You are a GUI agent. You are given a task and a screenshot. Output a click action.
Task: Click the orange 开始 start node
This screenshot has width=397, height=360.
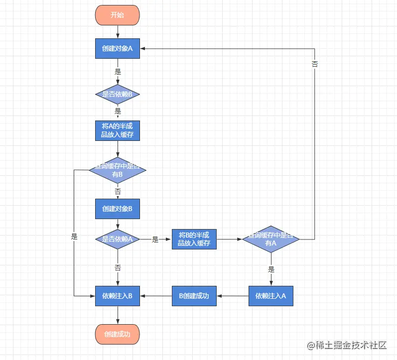pyautogui.click(x=118, y=15)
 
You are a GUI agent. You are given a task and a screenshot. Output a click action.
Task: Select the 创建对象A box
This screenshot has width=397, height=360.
pyautogui.click(x=118, y=48)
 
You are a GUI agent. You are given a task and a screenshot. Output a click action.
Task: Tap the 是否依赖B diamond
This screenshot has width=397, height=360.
pyautogui.click(x=118, y=94)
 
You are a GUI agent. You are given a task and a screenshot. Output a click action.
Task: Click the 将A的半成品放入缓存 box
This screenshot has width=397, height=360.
pyautogui.click(x=118, y=130)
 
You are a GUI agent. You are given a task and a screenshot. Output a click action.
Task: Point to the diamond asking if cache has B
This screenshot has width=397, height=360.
pyautogui.click(x=118, y=170)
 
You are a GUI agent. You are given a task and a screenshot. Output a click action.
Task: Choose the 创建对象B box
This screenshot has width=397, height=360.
pyautogui.click(x=118, y=209)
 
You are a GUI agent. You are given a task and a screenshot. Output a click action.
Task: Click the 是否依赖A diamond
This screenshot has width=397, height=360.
pyautogui.click(x=118, y=239)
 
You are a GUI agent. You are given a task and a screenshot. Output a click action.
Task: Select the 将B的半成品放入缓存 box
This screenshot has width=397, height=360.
pyautogui.click(x=194, y=239)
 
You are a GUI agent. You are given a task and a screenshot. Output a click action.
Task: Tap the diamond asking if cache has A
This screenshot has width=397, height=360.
pyautogui.click(x=271, y=239)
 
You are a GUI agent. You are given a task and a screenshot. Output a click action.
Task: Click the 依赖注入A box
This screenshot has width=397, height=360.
pyautogui.click(x=271, y=296)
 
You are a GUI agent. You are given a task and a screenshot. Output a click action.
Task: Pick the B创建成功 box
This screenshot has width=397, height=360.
pyautogui.click(x=194, y=296)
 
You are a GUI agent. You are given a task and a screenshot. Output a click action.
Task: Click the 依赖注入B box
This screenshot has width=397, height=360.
pyautogui.click(x=118, y=296)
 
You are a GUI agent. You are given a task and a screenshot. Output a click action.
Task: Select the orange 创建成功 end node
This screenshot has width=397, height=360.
pyautogui.click(x=118, y=334)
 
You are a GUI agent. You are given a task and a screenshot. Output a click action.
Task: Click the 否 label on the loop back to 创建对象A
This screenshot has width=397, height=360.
pyautogui.click(x=315, y=64)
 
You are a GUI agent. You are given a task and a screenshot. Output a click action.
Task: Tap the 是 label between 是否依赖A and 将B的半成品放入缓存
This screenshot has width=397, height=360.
pyautogui.click(x=155, y=240)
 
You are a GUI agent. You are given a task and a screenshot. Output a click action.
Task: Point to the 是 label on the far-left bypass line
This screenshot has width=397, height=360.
pyautogui.click(x=74, y=237)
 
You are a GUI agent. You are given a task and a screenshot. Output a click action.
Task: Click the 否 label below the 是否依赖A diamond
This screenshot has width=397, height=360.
pyautogui.click(x=118, y=267)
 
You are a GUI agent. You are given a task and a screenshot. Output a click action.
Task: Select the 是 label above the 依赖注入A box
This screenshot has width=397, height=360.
pyautogui.click(x=271, y=269)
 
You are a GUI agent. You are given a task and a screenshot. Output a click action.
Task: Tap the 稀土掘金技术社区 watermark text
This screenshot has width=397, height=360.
pyautogui.click(x=351, y=345)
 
